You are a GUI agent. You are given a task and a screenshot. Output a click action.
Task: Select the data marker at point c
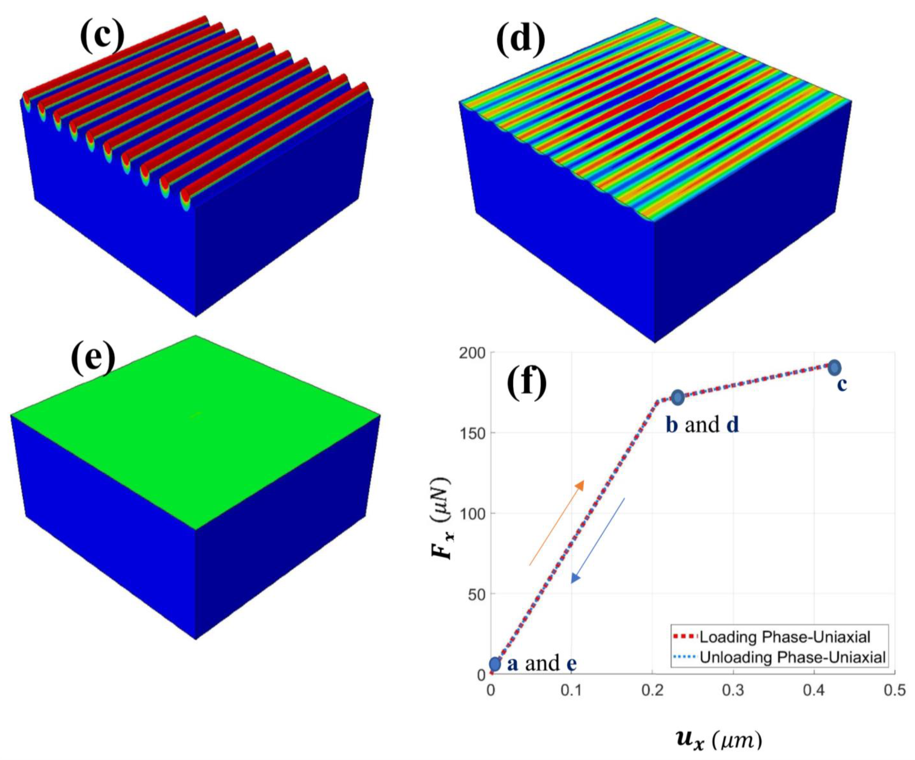tap(834, 367)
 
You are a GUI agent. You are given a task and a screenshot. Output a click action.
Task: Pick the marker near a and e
tap(495, 664)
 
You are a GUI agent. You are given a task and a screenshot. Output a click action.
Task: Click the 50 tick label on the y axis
tap(476, 594)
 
